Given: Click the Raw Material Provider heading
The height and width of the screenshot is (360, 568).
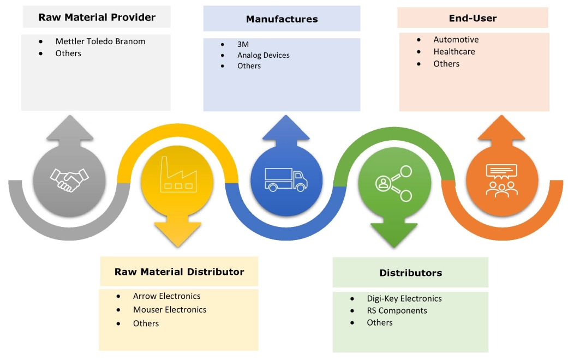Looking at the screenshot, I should click(x=97, y=17).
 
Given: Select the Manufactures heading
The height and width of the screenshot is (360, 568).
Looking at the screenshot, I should click(x=282, y=19).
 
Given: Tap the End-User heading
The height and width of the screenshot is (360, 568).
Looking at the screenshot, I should click(x=473, y=18).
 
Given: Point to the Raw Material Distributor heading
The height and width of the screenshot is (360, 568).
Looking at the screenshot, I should click(x=179, y=272).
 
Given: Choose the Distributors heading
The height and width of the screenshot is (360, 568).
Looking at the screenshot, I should click(x=410, y=273).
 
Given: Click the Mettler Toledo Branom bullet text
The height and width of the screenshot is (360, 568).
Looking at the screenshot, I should click(x=100, y=41).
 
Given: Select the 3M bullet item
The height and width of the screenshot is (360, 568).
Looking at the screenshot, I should click(x=243, y=44).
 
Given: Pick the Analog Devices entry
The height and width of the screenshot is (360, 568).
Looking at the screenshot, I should click(x=263, y=55).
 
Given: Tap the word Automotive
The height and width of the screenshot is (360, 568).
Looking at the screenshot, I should click(x=456, y=40).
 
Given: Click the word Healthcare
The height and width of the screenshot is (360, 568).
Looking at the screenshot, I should click(x=454, y=52).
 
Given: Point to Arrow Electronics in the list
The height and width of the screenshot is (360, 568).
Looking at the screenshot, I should click(x=166, y=296).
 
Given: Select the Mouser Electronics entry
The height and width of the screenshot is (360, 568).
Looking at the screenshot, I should click(x=170, y=310).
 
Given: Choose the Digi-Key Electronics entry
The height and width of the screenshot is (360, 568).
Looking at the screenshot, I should click(x=404, y=298).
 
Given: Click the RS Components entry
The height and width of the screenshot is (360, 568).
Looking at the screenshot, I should click(x=397, y=310).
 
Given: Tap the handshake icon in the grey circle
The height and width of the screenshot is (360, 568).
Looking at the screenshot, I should click(x=69, y=178).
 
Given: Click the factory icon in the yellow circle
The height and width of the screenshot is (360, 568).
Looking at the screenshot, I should click(x=177, y=174).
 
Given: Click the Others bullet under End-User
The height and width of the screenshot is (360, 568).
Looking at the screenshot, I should click(x=446, y=64).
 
